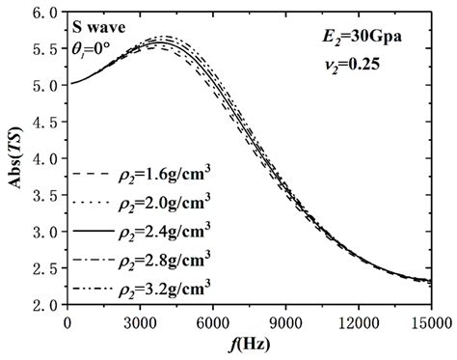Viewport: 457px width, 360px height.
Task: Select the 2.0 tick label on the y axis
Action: [x=44, y=306]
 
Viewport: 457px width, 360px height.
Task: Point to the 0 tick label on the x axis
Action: [x=67, y=322]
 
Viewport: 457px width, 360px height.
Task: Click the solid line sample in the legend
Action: [x=94, y=232]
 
